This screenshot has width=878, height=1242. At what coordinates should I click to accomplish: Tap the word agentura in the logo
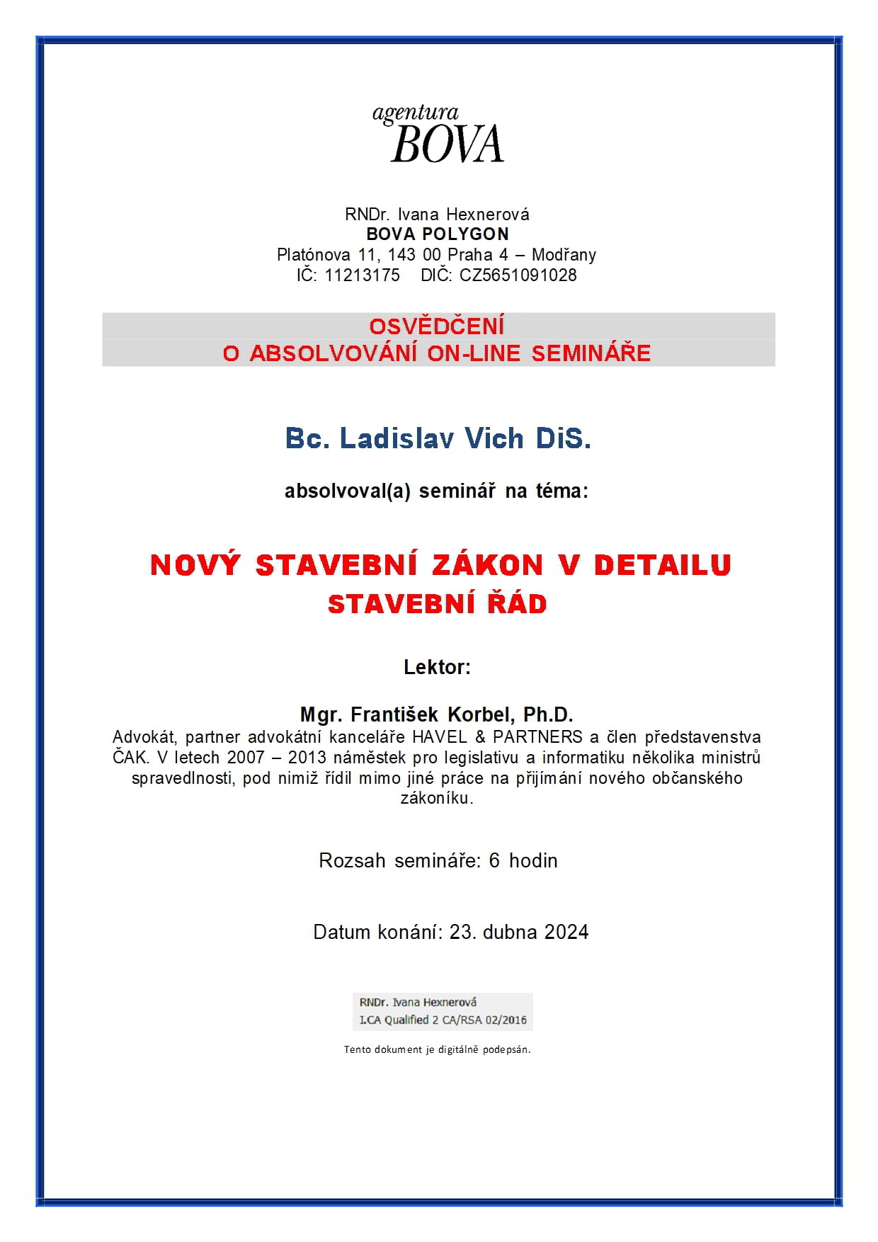[x=416, y=113]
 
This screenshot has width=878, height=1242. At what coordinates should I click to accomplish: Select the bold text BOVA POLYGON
[x=437, y=234]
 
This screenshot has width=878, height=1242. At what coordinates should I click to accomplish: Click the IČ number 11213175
[x=362, y=275]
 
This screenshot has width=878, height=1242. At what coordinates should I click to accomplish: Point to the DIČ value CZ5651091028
[x=518, y=275]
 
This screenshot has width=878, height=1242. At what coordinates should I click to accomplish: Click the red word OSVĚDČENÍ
[x=437, y=326]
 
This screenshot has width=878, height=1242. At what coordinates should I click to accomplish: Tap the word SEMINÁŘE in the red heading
[x=591, y=353]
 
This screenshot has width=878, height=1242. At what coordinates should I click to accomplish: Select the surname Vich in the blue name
[x=494, y=439]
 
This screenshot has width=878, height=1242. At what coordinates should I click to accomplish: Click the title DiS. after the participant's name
[x=563, y=439]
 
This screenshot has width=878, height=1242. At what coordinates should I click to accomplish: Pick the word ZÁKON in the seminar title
[x=487, y=565]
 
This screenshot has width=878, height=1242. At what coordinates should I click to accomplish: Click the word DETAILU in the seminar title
[x=662, y=565]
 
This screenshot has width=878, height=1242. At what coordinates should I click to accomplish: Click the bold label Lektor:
[x=437, y=667]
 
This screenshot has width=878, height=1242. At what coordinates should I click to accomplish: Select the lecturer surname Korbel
[x=481, y=714]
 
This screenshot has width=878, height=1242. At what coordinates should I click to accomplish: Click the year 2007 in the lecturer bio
[x=245, y=758]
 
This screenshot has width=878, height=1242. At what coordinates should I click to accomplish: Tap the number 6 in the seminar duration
[x=494, y=861]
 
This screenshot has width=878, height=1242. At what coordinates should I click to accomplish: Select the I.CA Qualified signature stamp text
[x=443, y=1020]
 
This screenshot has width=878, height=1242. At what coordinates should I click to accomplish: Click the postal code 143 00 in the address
[x=414, y=255]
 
